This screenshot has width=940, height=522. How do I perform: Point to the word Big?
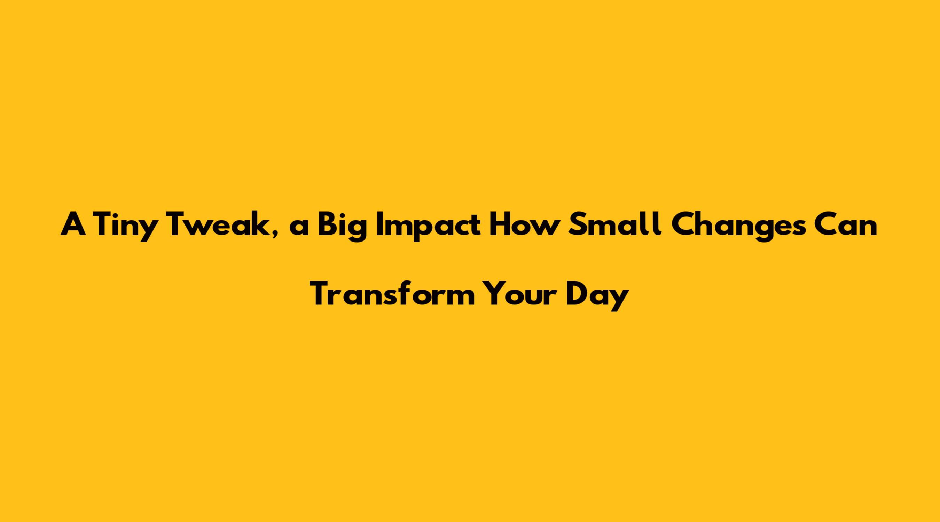(x=342, y=227)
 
